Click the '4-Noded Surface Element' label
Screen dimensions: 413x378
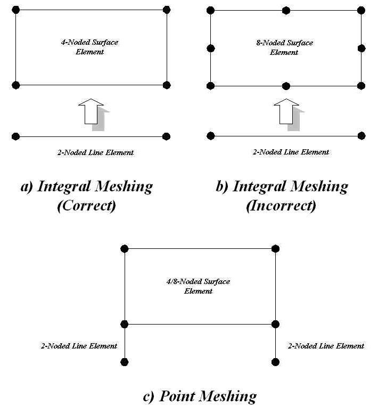pyautogui.click(x=89, y=47)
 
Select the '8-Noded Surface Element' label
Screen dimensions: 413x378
pyautogui.click(x=284, y=47)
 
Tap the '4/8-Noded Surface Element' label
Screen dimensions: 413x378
pyautogui.click(x=198, y=286)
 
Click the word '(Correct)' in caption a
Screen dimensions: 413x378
pyautogui.click(x=86, y=206)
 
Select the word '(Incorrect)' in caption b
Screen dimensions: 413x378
pyautogui.click(x=281, y=206)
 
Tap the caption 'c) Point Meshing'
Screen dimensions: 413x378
pyautogui.click(x=200, y=396)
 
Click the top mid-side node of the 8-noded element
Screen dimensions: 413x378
pyautogui.click(x=286, y=11)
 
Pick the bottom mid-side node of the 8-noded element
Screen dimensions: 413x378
pyautogui.click(x=286, y=86)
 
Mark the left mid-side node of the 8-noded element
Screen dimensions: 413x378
pyautogui.click(x=211, y=48)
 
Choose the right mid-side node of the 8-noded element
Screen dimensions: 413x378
pyautogui.click(x=361, y=48)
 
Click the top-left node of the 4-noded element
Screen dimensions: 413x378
pyautogui.click(x=16, y=10)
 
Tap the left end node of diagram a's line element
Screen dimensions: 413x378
pyautogui.click(x=16, y=136)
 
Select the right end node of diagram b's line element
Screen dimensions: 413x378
pyautogui.click(x=361, y=136)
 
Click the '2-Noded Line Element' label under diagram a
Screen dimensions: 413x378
pyautogui.click(x=95, y=152)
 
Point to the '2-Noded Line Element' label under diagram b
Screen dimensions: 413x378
pyautogui.click(x=291, y=152)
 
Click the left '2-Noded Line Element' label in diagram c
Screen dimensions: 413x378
pyautogui.click(x=79, y=346)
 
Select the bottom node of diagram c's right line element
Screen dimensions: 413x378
pyautogui.click(x=275, y=362)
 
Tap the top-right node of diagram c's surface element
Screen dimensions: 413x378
pyautogui.click(x=275, y=248)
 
